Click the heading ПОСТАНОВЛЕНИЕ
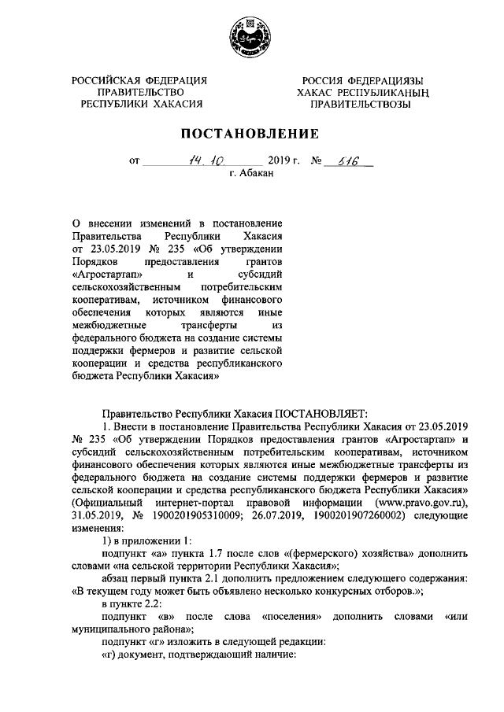tap(251, 133)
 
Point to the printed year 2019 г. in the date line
tap(280, 164)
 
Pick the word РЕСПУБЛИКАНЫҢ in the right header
tap(376, 92)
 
